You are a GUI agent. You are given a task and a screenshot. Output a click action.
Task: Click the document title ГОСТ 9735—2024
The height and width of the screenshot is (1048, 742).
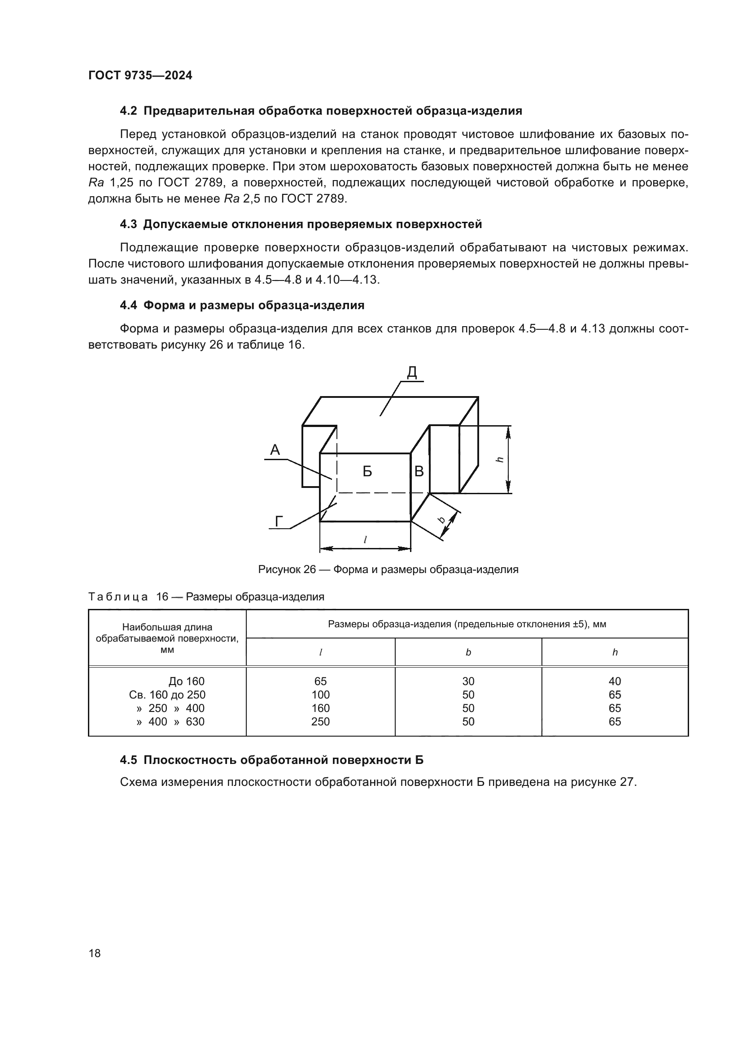tap(140, 76)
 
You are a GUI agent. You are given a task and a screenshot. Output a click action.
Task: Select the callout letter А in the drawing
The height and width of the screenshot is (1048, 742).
tap(275, 450)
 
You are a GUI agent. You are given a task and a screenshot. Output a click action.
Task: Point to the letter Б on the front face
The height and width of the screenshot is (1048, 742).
tap(367, 471)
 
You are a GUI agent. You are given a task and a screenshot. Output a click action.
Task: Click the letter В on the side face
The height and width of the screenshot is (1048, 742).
tap(419, 471)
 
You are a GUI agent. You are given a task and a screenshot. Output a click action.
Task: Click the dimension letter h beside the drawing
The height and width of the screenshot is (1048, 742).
tap(500, 459)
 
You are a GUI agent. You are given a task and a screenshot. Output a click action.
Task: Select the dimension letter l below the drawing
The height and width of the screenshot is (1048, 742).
tap(365, 539)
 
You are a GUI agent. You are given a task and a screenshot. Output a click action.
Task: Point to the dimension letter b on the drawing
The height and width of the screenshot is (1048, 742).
tap(442, 519)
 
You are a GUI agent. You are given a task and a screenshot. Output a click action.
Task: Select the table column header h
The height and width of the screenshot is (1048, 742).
tap(615, 652)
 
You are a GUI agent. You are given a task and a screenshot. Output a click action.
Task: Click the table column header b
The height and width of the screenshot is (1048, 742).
tap(468, 652)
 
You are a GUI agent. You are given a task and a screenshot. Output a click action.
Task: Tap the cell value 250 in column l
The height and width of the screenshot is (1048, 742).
tap(320, 722)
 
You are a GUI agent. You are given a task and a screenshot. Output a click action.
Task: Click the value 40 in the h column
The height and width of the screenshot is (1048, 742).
tap(615, 681)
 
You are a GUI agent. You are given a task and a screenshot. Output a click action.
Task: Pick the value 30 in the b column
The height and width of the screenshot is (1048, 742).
tap(468, 681)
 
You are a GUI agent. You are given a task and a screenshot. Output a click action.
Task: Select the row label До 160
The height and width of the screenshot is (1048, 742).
tap(187, 681)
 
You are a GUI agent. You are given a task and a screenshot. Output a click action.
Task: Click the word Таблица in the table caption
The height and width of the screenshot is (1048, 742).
tap(118, 596)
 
